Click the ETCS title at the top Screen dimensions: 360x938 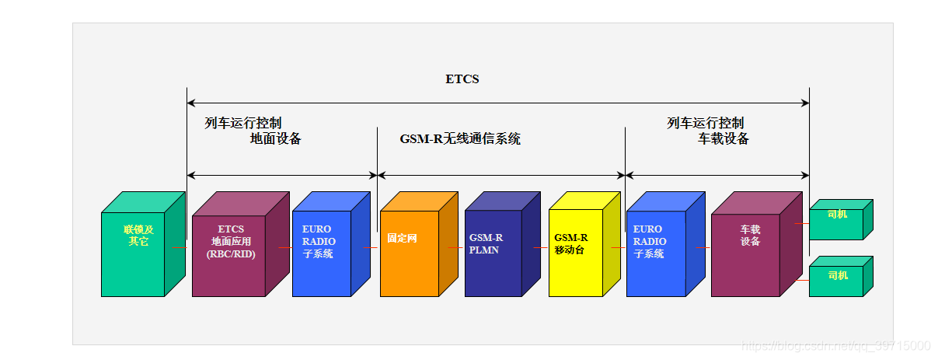click(462, 79)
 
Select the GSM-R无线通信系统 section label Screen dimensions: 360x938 click(460, 139)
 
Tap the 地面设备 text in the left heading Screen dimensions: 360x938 click(275, 139)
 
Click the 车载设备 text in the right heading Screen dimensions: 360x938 click(723, 139)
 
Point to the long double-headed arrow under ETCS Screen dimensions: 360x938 click(497, 103)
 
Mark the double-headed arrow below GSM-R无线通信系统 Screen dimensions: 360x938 click(500, 175)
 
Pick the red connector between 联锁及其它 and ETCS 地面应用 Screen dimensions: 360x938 click(179, 248)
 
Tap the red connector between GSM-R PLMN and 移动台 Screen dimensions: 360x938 click(540, 248)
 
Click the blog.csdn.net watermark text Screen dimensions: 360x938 click(835, 346)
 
